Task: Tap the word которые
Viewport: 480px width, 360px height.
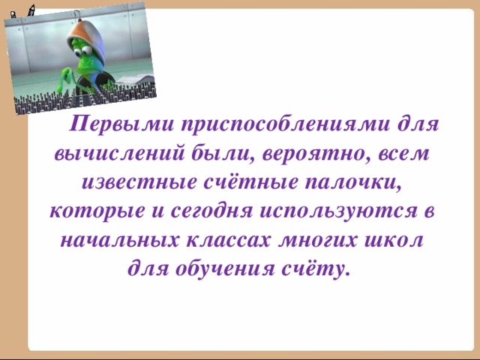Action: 94,211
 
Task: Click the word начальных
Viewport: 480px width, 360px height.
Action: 108,240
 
